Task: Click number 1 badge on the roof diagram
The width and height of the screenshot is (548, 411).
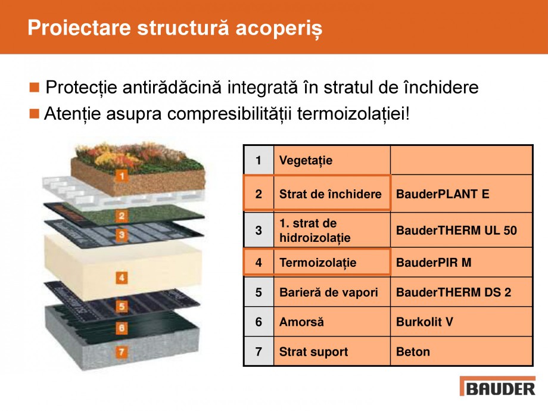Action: click(121, 176)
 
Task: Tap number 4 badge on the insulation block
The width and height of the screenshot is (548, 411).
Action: click(122, 278)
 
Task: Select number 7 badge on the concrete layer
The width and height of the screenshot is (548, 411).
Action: click(122, 352)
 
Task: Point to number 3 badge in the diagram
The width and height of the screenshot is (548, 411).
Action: click(122, 235)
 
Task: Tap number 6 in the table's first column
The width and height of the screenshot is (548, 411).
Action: click(259, 322)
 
